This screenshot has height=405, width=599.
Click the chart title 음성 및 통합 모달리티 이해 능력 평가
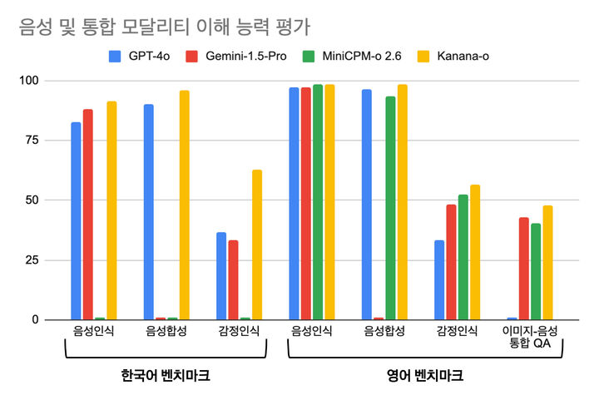coord(164,27)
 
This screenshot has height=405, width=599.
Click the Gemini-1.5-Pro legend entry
coord(236,57)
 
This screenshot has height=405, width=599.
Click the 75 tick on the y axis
coord(32,141)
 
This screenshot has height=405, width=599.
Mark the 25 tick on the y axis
coord(32,260)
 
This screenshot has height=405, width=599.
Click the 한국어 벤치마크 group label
coord(165,376)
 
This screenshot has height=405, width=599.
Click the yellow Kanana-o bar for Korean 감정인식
coord(257,244)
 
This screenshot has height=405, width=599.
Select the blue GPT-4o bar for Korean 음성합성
coord(148,212)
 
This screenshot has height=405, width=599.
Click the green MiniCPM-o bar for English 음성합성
coord(390,208)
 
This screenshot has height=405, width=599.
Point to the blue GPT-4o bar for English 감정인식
coord(439,279)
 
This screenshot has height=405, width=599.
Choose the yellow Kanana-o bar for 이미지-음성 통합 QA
coord(547,263)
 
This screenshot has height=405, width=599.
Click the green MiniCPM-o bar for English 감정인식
coord(463,257)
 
